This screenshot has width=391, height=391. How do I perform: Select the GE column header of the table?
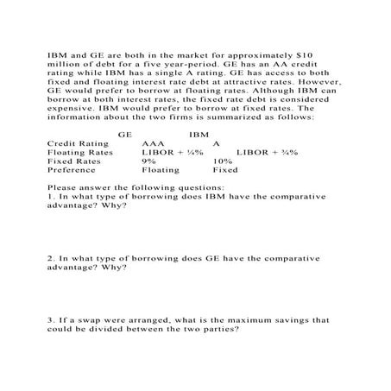pos(123,135)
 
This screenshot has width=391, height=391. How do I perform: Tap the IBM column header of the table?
pos(199,135)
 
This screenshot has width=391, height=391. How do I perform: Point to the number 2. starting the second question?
pos(52,257)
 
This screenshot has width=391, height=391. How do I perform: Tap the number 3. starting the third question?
pos(52,319)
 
